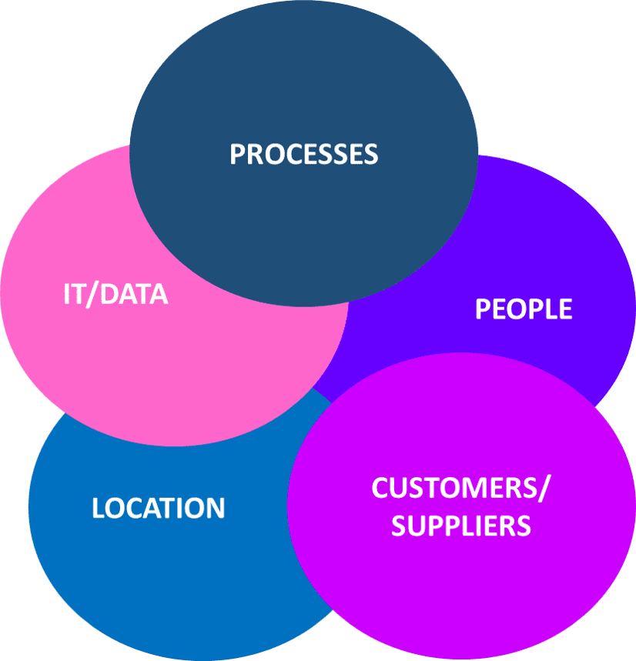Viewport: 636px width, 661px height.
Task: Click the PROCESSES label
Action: (x=304, y=154)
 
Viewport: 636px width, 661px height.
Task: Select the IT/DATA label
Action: (x=115, y=295)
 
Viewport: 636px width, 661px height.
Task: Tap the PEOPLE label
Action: (x=524, y=309)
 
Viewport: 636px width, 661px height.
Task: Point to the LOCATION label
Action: (x=159, y=509)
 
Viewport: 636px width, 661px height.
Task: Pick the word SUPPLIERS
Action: (x=461, y=526)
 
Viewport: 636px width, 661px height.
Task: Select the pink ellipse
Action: (x=154, y=362)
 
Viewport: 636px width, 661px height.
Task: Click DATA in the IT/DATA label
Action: (x=136, y=295)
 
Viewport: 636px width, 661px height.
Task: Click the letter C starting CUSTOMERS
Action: (x=380, y=488)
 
